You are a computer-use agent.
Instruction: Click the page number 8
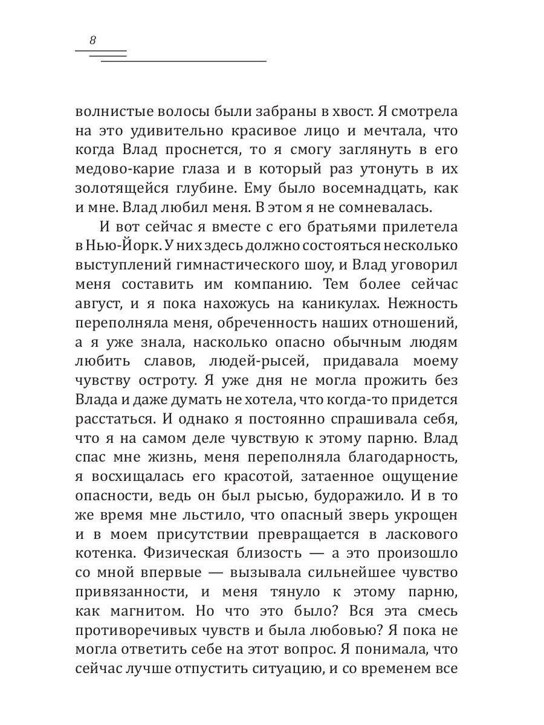92,41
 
